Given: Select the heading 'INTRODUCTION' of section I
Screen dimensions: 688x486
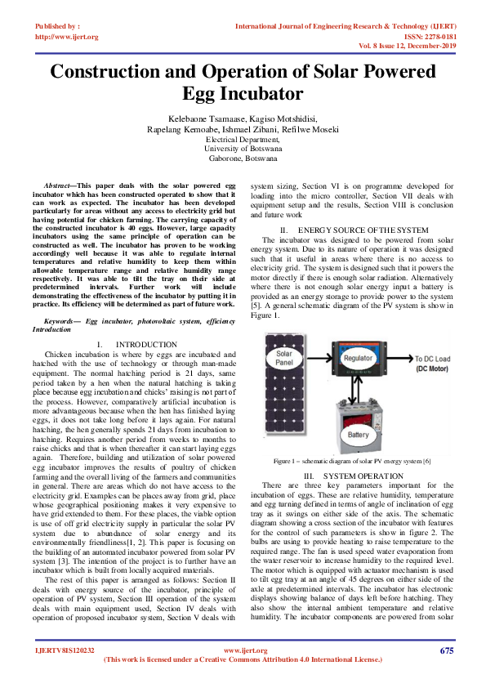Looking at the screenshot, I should (146, 346).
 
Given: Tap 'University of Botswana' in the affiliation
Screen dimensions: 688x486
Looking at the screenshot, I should (243, 149).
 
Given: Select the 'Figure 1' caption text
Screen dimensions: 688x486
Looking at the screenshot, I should (351, 462).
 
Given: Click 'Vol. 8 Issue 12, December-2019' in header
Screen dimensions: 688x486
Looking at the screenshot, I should (401, 46).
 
